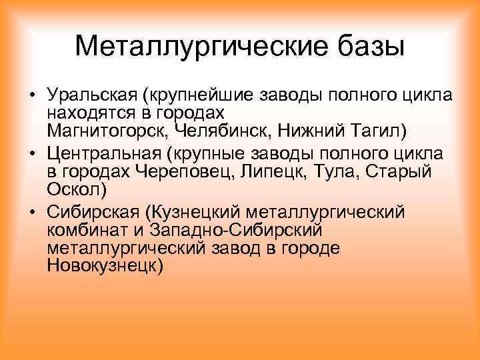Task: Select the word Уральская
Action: tap(96, 95)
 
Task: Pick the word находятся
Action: tap(85, 111)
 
